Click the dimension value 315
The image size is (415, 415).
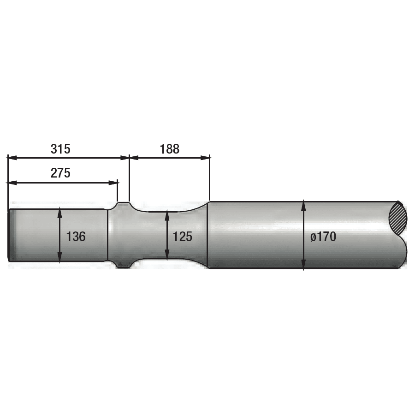(60, 149)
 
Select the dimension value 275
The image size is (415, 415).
(60, 173)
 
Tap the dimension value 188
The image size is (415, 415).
(169, 149)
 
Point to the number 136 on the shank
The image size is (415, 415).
(76, 237)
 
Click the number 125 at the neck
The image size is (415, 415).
(182, 237)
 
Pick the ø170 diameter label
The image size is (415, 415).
(323, 237)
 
